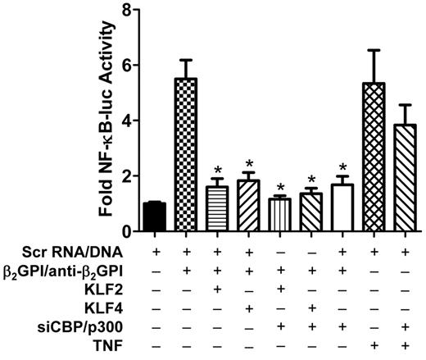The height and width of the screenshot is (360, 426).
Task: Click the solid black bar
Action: (x=154, y=216)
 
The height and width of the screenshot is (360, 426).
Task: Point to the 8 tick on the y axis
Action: (x=126, y=11)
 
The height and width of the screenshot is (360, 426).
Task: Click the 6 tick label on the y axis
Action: (x=126, y=66)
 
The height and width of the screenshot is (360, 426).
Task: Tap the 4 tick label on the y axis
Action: (x=126, y=121)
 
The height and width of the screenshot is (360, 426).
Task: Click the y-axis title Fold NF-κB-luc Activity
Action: (x=106, y=119)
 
